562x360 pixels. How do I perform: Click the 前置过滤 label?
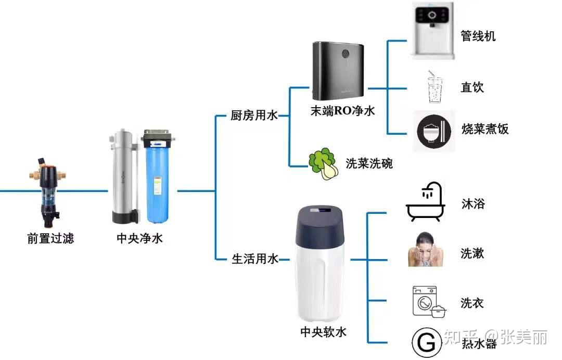50,239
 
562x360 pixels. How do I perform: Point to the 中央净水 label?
139,239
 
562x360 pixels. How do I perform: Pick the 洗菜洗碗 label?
369,163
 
